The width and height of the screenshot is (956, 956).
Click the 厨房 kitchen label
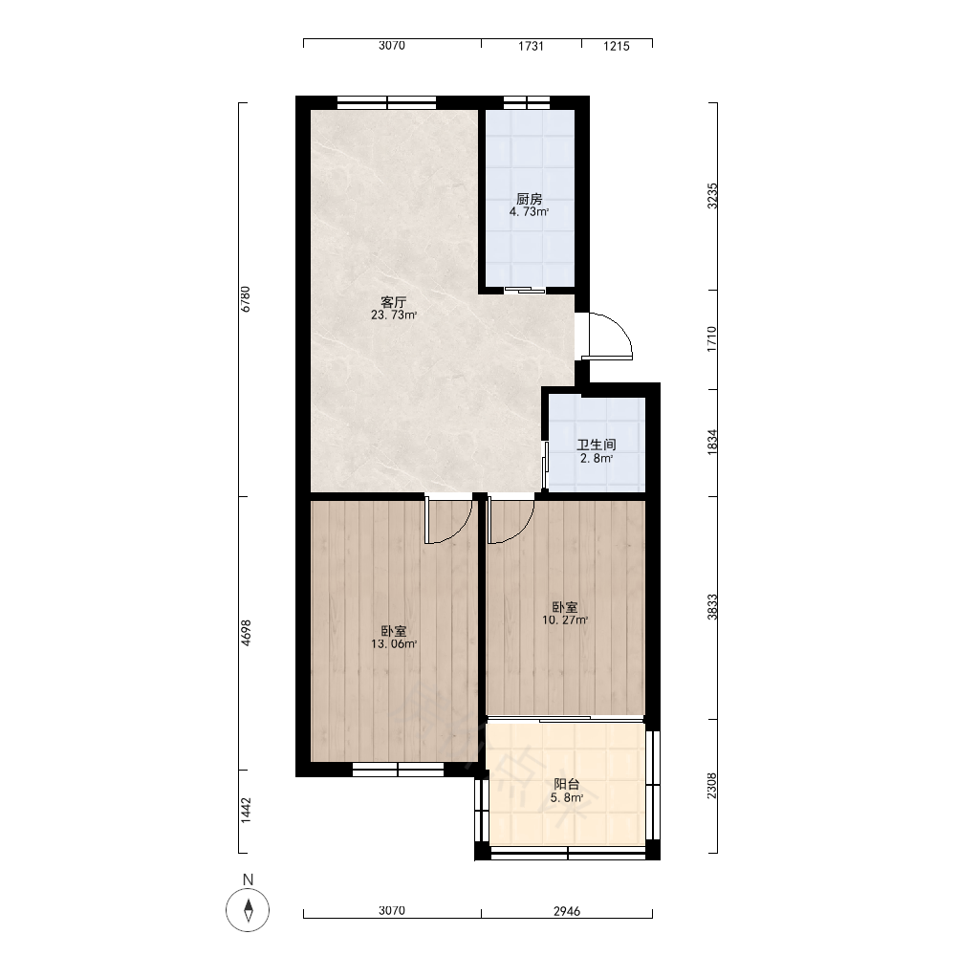(530, 200)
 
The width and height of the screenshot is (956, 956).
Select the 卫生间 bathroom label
(597, 445)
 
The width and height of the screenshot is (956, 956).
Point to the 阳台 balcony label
(567, 784)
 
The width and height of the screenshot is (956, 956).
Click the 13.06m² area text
(394, 643)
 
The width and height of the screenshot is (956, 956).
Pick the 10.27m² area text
(565, 620)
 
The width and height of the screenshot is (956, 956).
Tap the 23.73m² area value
(394, 315)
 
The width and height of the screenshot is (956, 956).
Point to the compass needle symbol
(248, 911)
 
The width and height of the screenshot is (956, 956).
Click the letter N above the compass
(248, 880)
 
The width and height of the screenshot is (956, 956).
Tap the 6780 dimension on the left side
(246, 299)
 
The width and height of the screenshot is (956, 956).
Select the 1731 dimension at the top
(531, 46)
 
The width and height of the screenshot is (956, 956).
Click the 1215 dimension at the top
(617, 46)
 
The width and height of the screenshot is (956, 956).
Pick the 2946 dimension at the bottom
(567, 911)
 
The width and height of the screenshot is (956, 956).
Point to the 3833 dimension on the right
(712, 607)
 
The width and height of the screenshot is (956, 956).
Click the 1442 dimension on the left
(246, 811)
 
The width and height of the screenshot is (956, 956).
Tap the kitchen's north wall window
(527, 102)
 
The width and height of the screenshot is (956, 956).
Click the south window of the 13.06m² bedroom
(398, 770)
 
